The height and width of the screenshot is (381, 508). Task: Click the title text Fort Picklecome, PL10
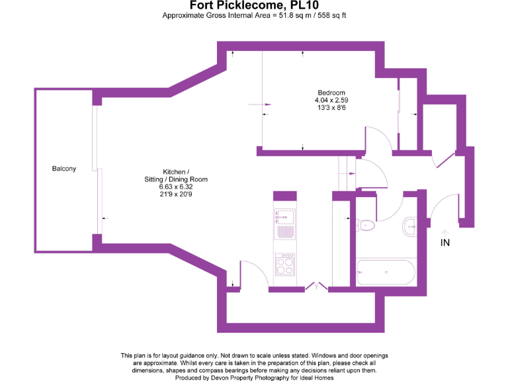tap(254, 5)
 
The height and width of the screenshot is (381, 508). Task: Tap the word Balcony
tap(64, 169)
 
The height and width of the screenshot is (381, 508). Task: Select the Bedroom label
tap(331, 93)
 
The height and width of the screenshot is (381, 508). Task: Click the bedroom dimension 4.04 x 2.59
tap(331, 100)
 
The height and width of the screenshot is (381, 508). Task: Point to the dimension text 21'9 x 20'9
tap(176, 194)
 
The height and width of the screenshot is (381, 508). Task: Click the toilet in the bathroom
tap(364, 226)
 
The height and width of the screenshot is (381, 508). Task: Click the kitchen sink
tap(285, 217)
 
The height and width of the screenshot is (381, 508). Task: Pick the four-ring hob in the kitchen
tap(285, 265)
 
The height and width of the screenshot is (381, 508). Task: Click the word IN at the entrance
tap(445, 243)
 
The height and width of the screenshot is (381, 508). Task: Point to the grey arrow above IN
tap(444, 231)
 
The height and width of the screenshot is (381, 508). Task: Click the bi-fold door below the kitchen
tap(316, 286)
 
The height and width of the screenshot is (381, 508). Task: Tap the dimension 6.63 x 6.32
tap(176, 187)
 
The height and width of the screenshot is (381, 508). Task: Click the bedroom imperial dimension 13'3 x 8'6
tap(331, 107)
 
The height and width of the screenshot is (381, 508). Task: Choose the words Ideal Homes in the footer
tap(316, 378)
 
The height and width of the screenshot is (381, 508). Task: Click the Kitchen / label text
tap(176, 172)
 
